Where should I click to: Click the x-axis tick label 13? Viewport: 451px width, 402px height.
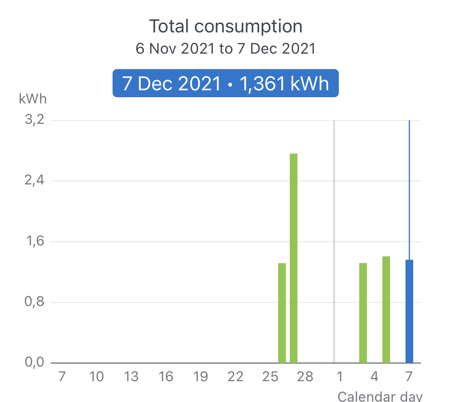point(131,376)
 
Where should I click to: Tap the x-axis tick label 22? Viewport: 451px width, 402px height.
point(235,376)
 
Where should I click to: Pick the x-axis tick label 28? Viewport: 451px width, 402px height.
point(305,376)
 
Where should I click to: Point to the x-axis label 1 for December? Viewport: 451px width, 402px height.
point(340,376)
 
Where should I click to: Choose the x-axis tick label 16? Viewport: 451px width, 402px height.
point(166,376)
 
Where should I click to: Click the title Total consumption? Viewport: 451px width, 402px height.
point(225,26)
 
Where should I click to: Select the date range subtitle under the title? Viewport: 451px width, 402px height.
point(225,49)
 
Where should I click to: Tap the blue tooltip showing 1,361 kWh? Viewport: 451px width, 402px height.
point(225,83)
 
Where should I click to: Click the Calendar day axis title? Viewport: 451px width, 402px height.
point(380,396)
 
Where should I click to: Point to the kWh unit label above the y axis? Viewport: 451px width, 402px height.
point(33,99)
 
